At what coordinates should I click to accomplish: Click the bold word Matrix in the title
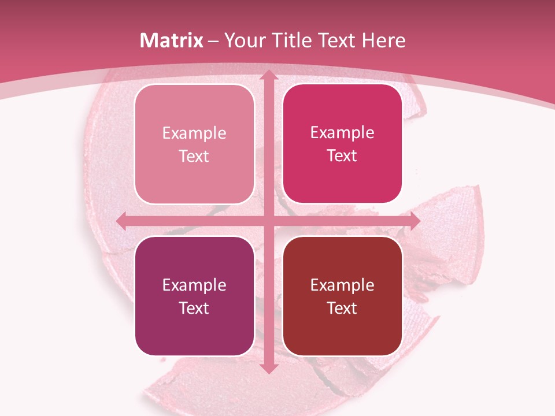coord(171,40)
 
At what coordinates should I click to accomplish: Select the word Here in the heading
coord(384,40)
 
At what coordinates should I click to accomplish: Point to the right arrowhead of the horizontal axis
coord(414,221)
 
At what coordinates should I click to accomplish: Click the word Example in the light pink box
coord(194,133)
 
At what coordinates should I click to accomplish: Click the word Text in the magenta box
coord(342,155)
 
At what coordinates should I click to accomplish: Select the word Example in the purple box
coord(194,285)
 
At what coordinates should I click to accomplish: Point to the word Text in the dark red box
coord(342,308)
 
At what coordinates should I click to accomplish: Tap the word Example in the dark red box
coord(342,285)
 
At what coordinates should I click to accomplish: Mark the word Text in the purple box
coord(194,308)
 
